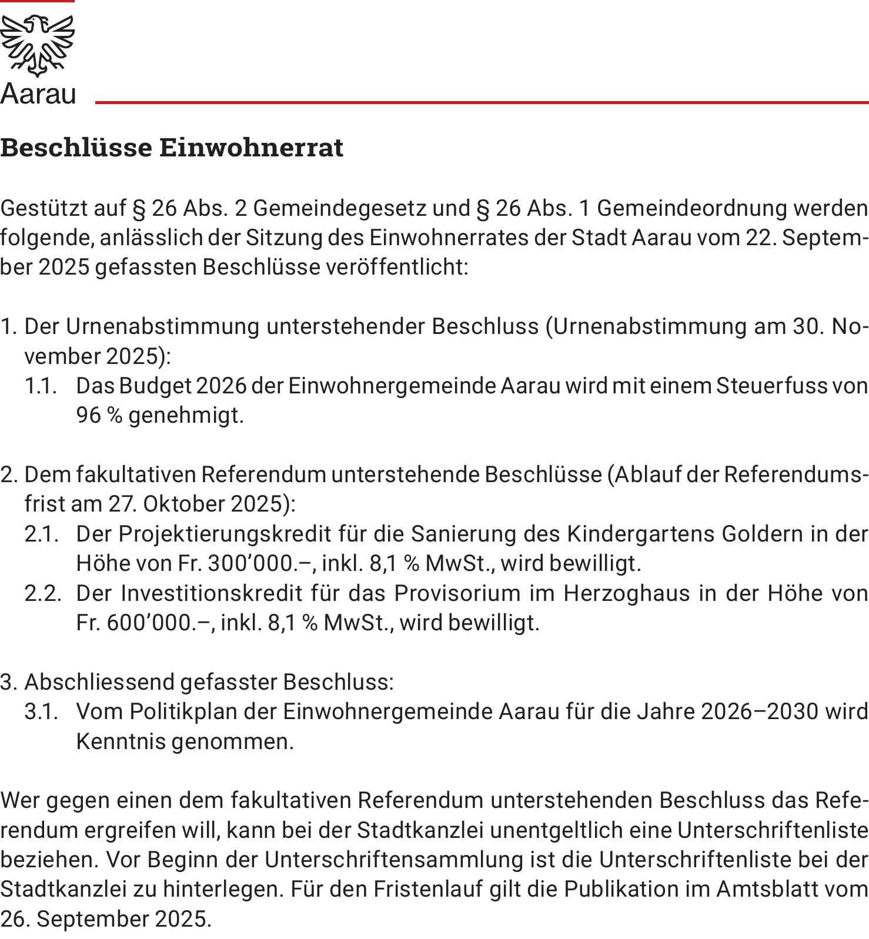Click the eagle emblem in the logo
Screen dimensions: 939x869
click(x=38, y=45)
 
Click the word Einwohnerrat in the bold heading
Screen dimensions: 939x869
click(x=251, y=148)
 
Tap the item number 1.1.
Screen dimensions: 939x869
click(x=41, y=386)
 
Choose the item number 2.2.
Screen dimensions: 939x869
click(x=42, y=593)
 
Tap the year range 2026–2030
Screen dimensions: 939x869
click(x=759, y=712)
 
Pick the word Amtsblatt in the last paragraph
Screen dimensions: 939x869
click(x=770, y=889)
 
